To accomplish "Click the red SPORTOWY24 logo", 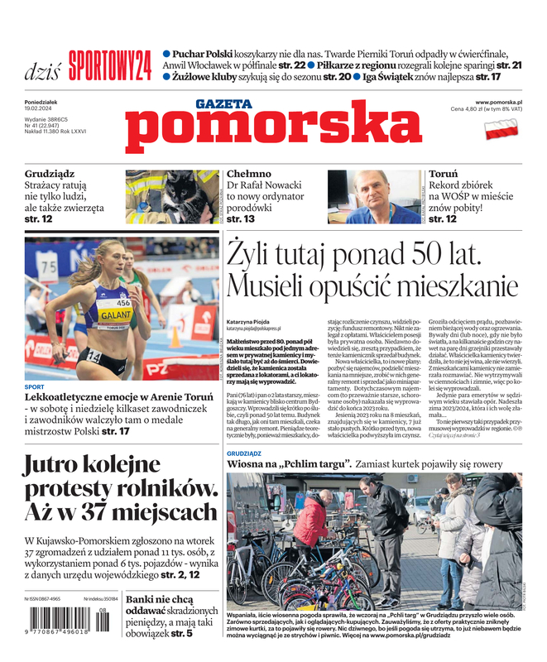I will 110,65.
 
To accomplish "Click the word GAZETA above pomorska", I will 223,103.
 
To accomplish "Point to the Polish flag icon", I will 501,128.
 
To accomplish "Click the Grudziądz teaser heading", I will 50,175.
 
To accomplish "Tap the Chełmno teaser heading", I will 249,175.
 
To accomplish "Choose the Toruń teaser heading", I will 444,175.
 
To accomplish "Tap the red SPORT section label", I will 35,387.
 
